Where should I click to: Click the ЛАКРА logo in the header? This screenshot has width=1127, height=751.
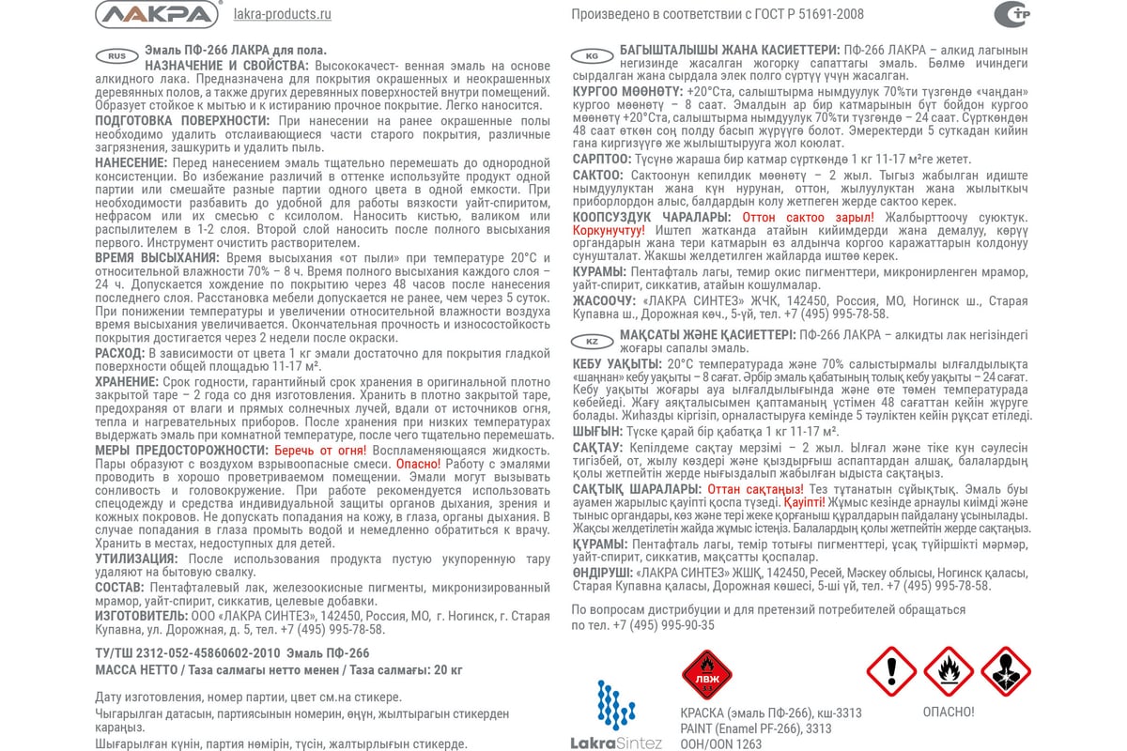(x=158, y=14)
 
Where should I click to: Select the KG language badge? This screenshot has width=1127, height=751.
(x=592, y=54)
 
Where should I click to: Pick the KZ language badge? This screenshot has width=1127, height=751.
(x=592, y=342)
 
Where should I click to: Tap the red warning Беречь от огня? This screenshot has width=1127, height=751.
(x=318, y=450)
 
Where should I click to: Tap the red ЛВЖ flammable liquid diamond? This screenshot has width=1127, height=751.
(x=705, y=673)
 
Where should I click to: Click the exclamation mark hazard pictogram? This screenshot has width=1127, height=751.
(x=890, y=670)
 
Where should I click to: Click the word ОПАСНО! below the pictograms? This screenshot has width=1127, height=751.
(x=948, y=712)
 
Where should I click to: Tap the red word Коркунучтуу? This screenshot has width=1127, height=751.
(x=609, y=230)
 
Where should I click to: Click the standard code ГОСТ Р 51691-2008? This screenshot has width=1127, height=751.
(x=811, y=14)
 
